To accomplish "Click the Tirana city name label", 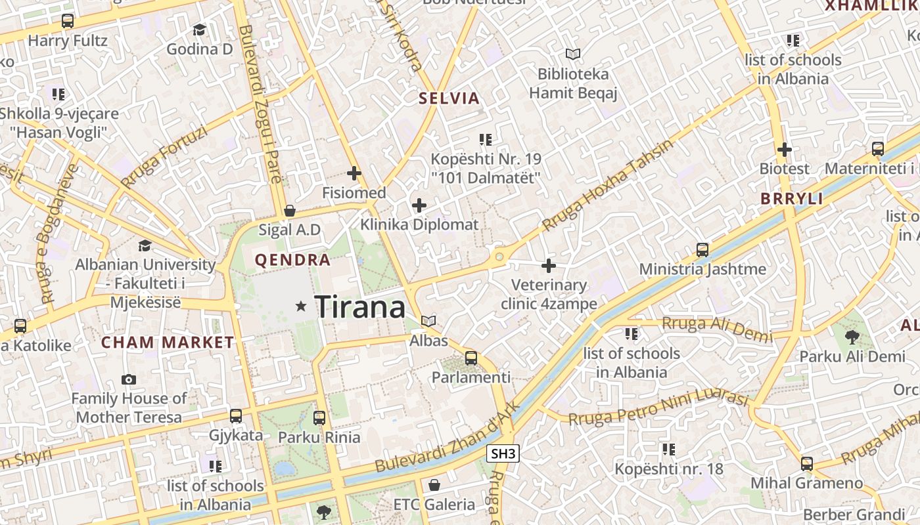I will (360, 306).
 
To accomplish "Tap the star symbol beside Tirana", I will (301, 306).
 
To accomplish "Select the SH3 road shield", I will (503, 453).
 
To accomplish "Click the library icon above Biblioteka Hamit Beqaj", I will (573, 54).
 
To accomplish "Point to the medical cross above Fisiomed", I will (354, 173).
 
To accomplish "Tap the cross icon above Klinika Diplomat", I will (419, 205).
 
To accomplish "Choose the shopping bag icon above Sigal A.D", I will (289, 211).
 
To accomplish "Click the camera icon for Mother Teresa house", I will (129, 379).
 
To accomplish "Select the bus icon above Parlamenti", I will (471, 358).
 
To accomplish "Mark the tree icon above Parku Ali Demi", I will (852, 337).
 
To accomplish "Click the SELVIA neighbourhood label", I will (449, 98).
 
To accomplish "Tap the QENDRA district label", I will (292, 260).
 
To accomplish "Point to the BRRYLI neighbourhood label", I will (791, 199).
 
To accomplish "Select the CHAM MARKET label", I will (168, 342).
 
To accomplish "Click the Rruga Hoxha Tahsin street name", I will (608, 186).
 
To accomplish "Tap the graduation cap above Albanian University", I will (145, 245).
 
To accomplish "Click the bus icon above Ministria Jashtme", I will (702, 250).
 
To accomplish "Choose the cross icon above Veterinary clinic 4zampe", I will (548, 266).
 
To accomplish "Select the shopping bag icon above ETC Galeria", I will (434, 486).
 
